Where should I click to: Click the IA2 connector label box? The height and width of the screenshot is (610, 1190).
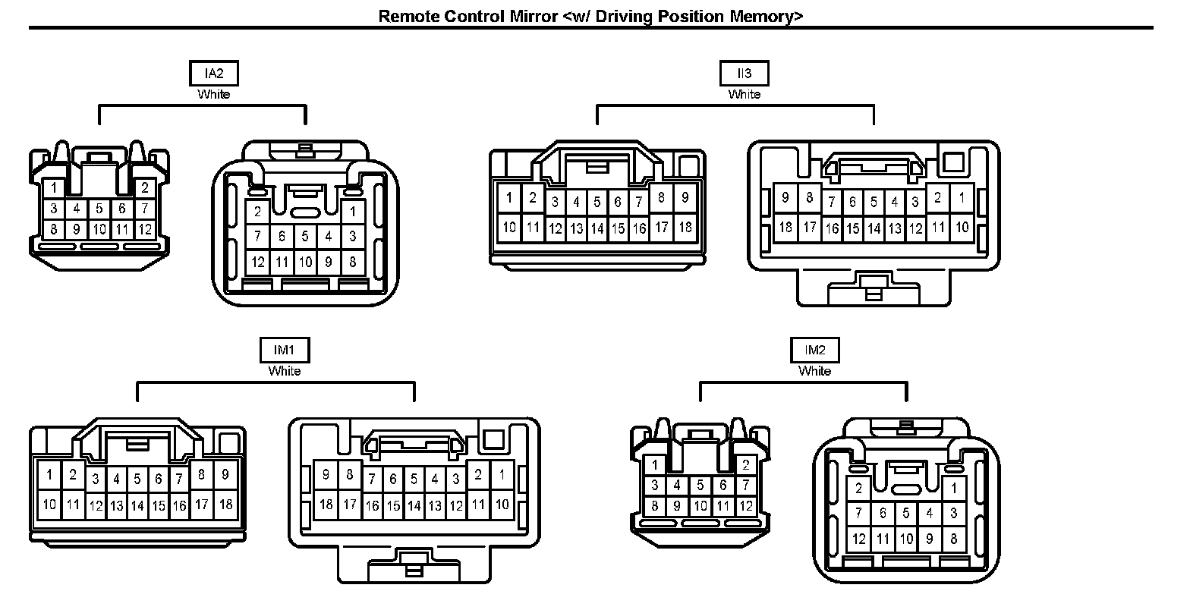coord(213,74)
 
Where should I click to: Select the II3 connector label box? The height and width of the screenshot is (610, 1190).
coord(744,74)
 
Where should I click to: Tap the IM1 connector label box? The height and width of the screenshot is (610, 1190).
coord(284,350)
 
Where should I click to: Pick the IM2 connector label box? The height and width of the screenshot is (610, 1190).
coord(814,350)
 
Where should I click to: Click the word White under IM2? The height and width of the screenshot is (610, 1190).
coord(814,371)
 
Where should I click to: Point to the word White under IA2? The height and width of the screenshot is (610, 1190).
coord(213,94)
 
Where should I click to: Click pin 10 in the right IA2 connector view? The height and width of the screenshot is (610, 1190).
coord(305,263)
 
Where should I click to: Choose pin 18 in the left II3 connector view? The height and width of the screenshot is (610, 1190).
coord(685,227)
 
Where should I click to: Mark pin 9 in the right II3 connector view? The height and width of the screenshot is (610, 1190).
coord(785,198)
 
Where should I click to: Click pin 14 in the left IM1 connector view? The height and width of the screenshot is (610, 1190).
coord(137,505)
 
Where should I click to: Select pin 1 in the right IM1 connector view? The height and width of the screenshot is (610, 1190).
coord(502,476)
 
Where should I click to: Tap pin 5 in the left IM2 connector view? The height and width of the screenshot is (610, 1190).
coord(700,485)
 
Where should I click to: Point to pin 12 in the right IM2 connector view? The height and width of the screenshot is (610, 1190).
coord(859,539)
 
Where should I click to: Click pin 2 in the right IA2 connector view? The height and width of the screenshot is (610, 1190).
coord(258,212)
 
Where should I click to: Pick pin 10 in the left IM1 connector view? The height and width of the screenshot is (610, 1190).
coord(49,504)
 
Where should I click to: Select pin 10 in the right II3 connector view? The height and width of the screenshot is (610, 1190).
coord(962,227)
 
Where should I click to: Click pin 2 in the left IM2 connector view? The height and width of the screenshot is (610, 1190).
coord(745,465)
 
